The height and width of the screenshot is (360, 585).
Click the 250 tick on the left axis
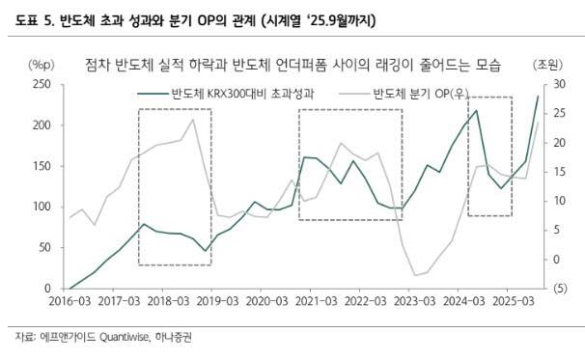pos(41,85)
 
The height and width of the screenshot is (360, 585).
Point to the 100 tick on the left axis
pos(41,207)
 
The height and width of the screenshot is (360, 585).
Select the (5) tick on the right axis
pos(558,289)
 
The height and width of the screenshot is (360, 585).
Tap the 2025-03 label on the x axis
pos(512,301)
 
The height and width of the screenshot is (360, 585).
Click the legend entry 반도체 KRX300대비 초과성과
pos(241,95)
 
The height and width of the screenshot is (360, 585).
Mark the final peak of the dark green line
pos(538,97)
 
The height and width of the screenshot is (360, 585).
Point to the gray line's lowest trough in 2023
pos(415,276)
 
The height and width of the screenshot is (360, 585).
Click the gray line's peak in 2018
pos(193,120)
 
